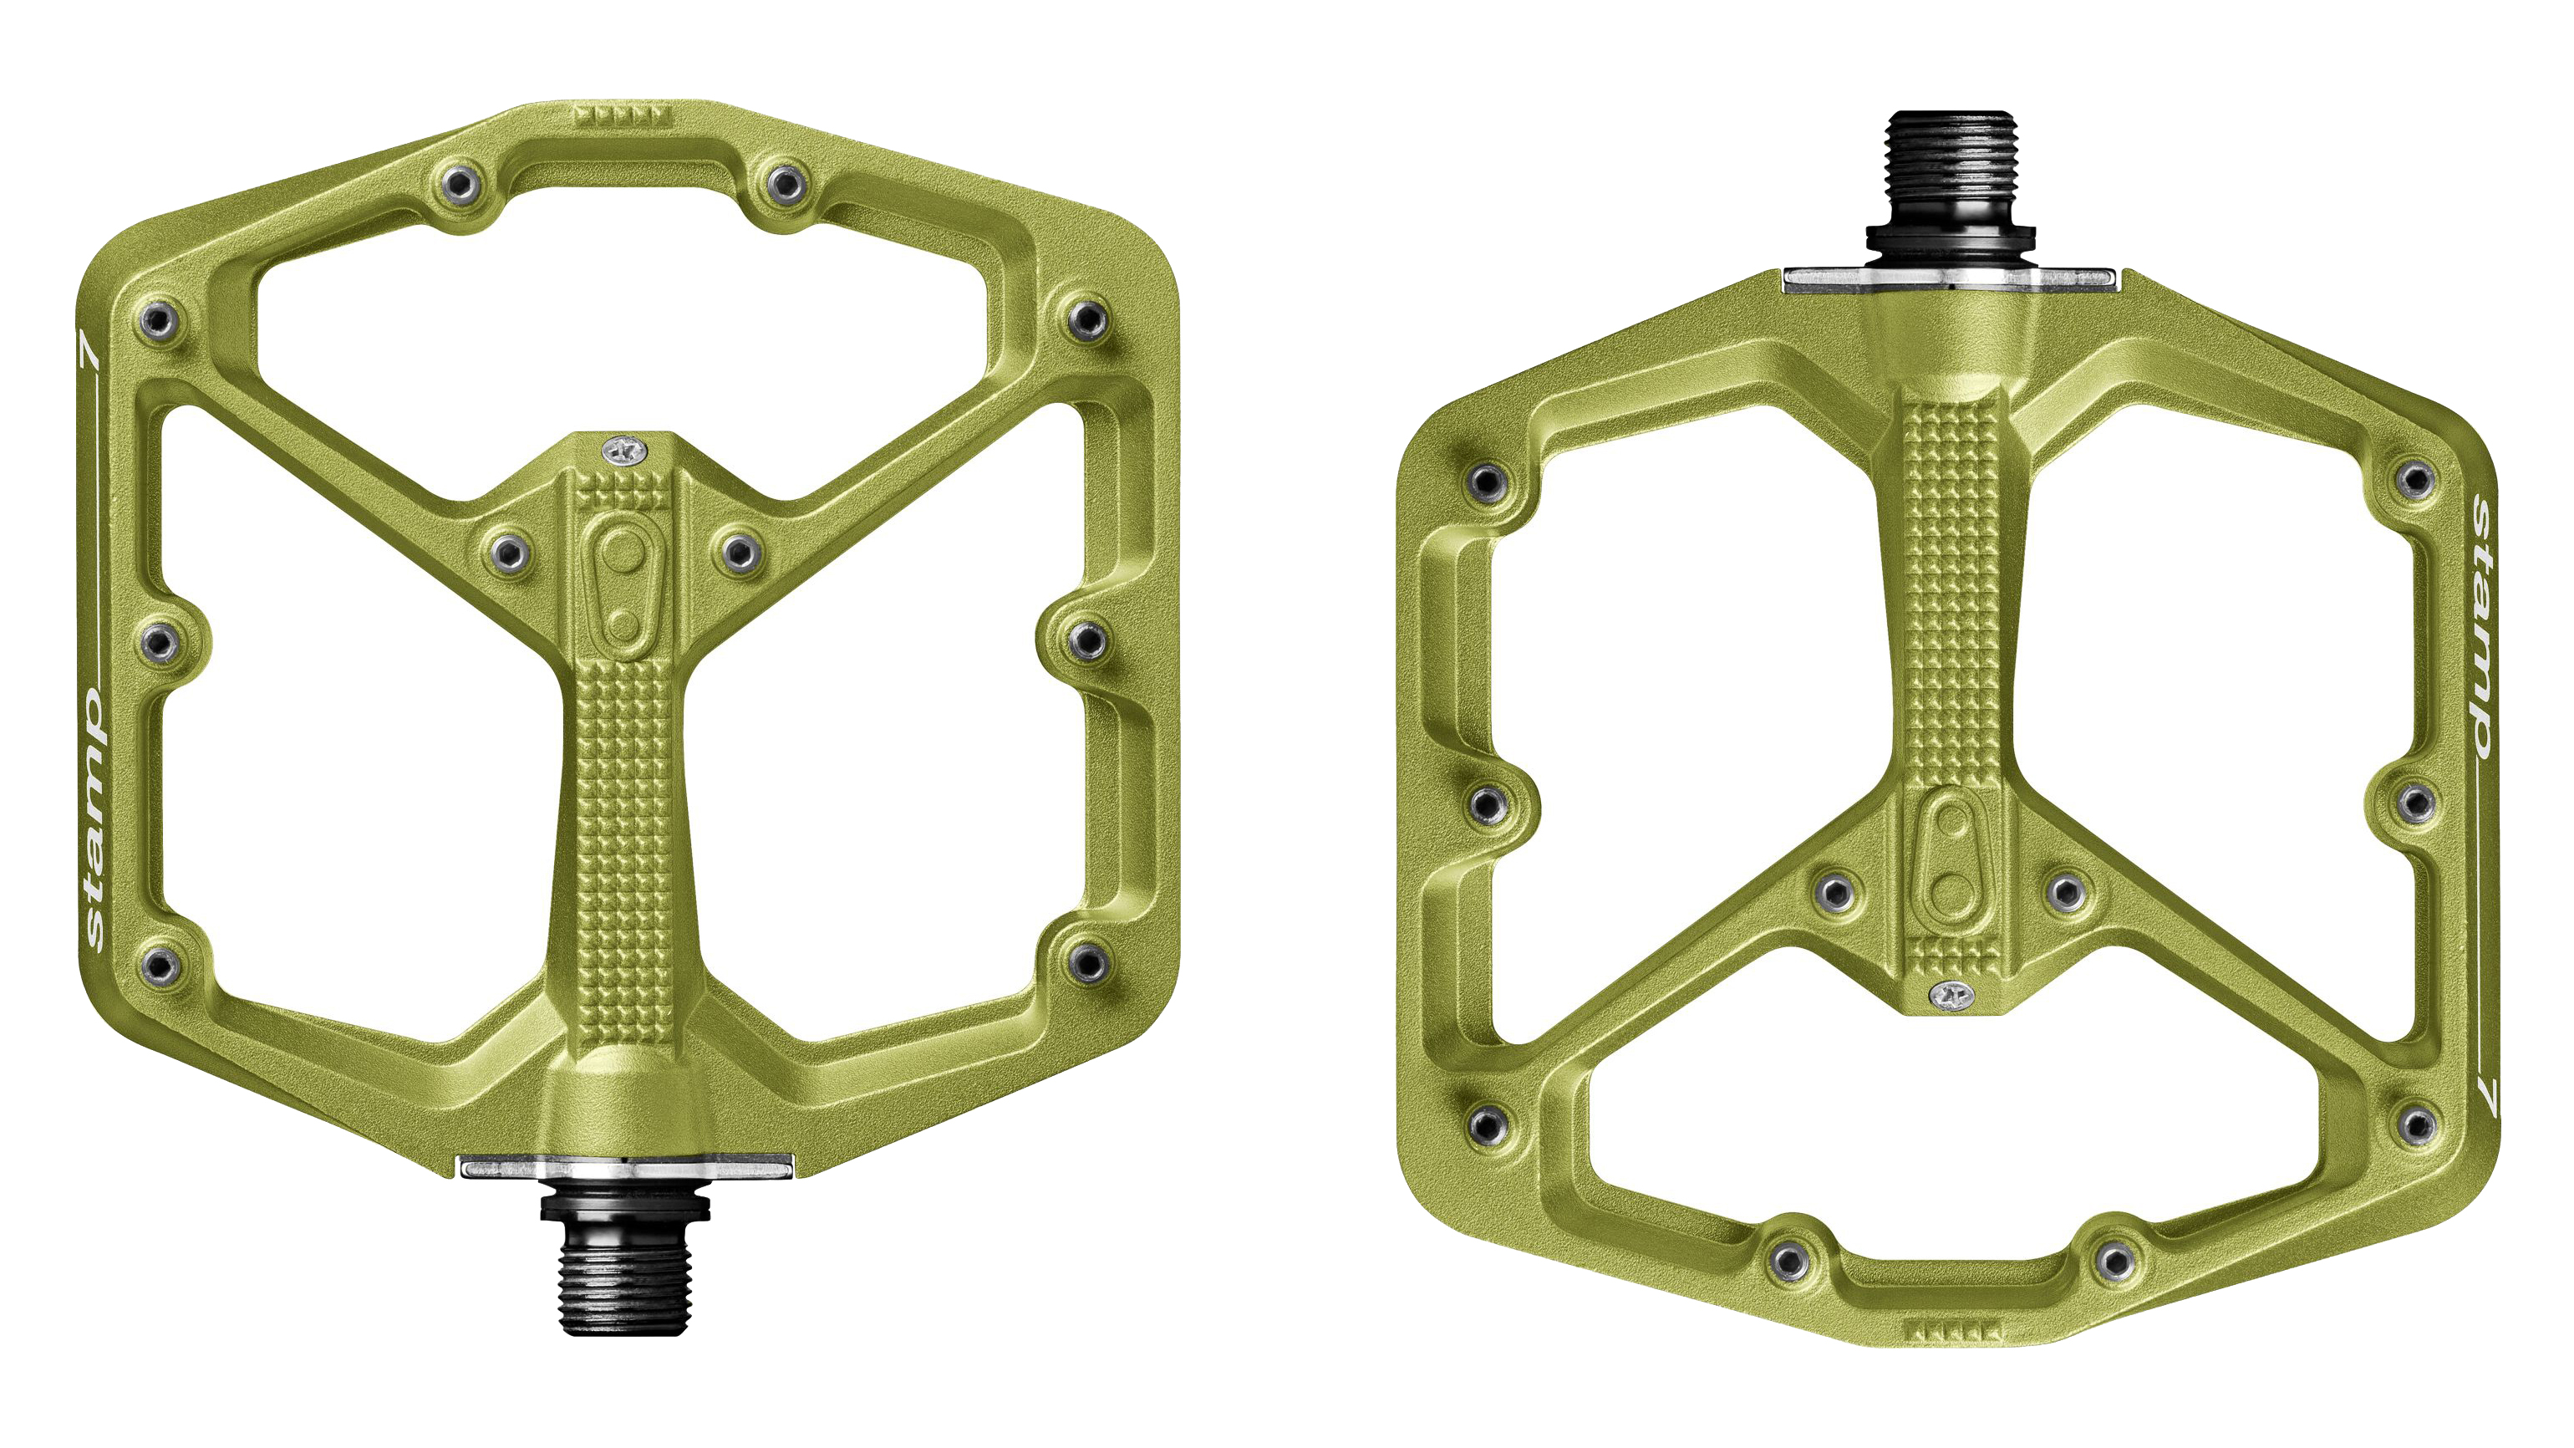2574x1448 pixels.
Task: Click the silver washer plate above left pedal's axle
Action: coord(625,1165)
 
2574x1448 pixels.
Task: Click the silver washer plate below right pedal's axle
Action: coord(1949,281)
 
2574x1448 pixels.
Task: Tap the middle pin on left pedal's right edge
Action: coord(1086,640)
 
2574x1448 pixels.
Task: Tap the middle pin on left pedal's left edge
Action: coord(159,641)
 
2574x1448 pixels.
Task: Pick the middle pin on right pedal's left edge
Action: coord(1487,803)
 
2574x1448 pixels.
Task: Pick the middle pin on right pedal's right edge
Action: coord(2416,803)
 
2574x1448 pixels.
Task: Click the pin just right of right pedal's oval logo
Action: coord(2064,891)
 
